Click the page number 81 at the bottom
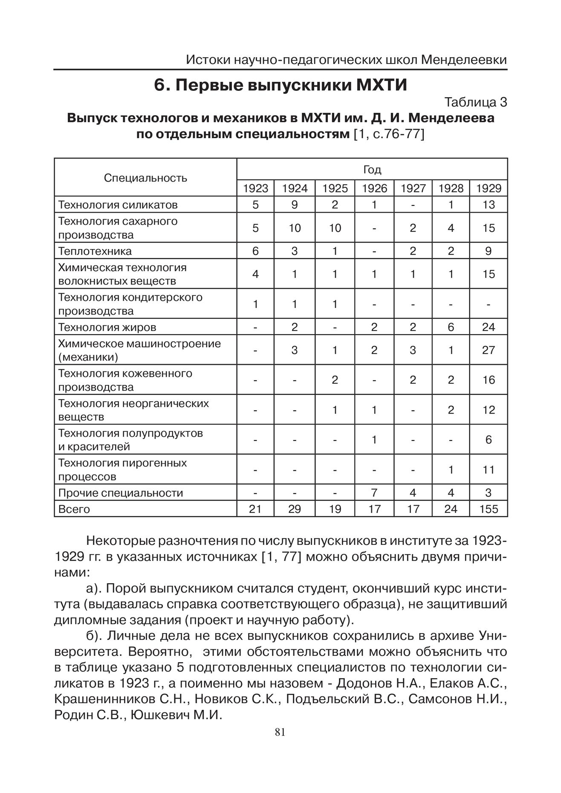pyautogui.click(x=280, y=732)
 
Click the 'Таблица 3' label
pyautogui.click(x=475, y=102)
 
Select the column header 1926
pyautogui.click(x=374, y=188)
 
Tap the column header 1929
pyautogui.click(x=489, y=188)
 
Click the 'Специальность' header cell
pyautogui.click(x=145, y=177)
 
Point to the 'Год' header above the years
pyautogui.click(x=372, y=170)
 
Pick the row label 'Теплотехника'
pyautogui.click(x=95, y=251)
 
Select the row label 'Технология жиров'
pyautogui.click(x=107, y=327)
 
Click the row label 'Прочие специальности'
pyautogui.click(x=120, y=493)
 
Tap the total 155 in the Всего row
pyautogui.click(x=489, y=509)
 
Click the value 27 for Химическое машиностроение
pyautogui.click(x=489, y=350)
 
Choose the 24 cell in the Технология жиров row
pyautogui.click(x=489, y=327)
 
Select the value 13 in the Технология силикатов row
pyautogui.click(x=489, y=205)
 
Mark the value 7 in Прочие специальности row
pyautogui.click(x=374, y=493)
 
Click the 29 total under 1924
pyautogui.click(x=295, y=509)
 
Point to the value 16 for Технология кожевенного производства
pyautogui.click(x=489, y=380)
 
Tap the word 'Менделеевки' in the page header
pyautogui.click(x=464, y=60)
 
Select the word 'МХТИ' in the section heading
pyautogui.click(x=382, y=85)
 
